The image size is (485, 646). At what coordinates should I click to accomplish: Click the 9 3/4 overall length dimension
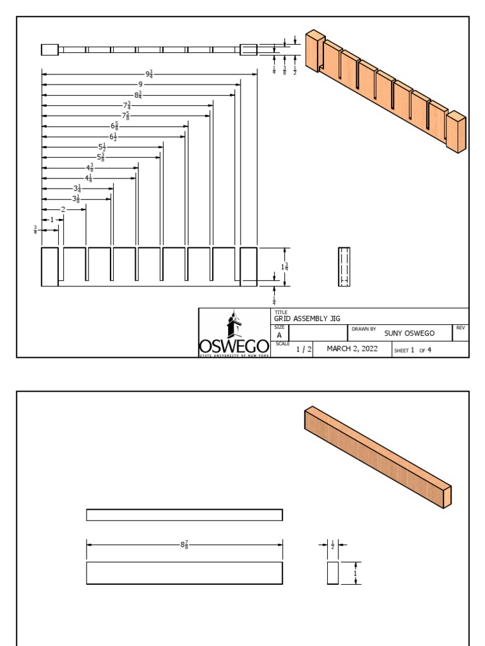pyautogui.click(x=150, y=74)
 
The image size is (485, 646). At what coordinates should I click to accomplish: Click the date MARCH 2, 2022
pyautogui.click(x=352, y=349)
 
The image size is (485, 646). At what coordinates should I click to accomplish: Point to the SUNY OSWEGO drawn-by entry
pyautogui.click(x=409, y=333)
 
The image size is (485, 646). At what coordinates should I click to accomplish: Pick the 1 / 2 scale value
pyautogui.click(x=304, y=349)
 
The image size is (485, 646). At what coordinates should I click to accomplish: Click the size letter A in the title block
pyautogui.click(x=279, y=336)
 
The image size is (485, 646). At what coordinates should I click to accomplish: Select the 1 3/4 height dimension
pyautogui.click(x=285, y=267)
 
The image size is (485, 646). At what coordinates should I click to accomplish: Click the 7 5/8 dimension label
pyautogui.click(x=126, y=115)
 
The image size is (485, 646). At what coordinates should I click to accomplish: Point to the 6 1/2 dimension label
pyautogui.click(x=114, y=136)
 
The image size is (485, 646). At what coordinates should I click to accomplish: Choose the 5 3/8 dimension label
pyautogui.click(x=100, y=157)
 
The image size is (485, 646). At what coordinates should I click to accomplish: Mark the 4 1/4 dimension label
pyautogui.click(x=89, y=178)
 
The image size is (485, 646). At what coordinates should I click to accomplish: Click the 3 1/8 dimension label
pyautogui.click(x=76, y=199)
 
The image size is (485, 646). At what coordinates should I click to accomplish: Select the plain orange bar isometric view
pyautogui.click(x=378, y=455)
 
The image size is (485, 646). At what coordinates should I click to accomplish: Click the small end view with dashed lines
pyautogui.click(x=344, y=267)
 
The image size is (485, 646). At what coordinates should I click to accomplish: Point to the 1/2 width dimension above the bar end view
pyautogui.click(x=333, y=544)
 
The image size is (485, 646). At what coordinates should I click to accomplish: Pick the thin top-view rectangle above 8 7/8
pyautogui.click(x=184, y=515)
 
